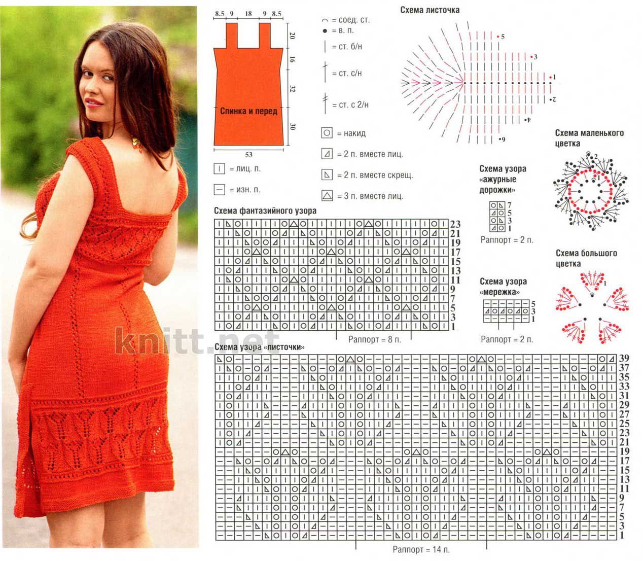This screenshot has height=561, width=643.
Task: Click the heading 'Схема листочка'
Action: [x=430, y=10]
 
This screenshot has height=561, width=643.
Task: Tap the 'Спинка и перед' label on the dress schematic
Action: [x=248, y=111]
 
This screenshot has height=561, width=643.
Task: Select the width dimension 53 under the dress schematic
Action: [x=248, y=155]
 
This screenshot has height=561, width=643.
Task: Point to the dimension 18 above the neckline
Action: [x=248, y=14]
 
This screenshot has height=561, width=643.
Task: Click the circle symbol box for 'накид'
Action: [x=327, y=133]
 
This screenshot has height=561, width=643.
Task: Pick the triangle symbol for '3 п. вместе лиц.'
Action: [x=327, y=196]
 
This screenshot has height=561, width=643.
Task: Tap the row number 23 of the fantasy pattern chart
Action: [x=455, y=224]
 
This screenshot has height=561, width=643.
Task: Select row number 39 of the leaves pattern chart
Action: [x=624, y=358]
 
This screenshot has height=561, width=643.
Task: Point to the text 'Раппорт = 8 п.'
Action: [x=375, y=339]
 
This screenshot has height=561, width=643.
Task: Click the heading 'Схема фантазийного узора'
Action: [x=265, y=211]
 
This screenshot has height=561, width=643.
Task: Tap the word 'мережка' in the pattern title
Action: [x=499, y=292]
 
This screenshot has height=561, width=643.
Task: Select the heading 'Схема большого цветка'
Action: [x=586, y=258]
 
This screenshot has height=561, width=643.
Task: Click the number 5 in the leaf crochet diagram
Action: [x=503, y=37]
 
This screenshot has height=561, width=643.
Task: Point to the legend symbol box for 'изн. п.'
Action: [x=219, y=190]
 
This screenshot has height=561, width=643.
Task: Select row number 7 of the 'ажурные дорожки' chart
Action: [x=509, y=205]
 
